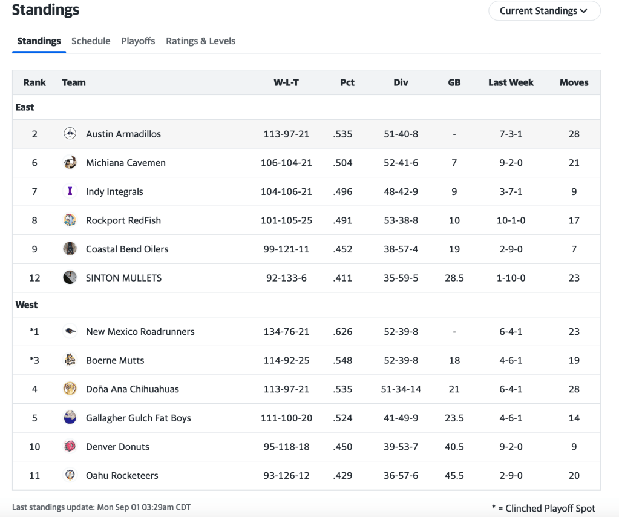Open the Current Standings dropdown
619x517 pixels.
coord(543,11)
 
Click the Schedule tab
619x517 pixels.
coord(91,41)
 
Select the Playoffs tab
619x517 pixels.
coord(138,41)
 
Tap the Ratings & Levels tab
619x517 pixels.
coord(200,41)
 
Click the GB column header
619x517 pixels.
coord(454,82)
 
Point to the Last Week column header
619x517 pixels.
coord(511,82)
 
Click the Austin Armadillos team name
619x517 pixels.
coord(123,134)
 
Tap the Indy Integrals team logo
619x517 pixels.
coord(70,191)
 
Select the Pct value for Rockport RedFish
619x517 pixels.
coord(342,220)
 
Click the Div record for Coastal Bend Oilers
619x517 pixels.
coord(401,249)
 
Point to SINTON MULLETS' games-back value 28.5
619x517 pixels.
coord(454,278)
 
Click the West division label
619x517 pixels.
coord(27,305)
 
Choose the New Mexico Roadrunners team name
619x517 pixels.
coord(140,332)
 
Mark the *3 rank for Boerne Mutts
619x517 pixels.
coord(34,361)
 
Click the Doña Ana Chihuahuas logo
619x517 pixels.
coord(70,389)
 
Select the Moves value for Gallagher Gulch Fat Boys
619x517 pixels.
coord(574,418)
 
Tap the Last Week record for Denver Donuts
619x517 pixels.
coord(511,447)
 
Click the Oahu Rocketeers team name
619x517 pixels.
coord(122,476)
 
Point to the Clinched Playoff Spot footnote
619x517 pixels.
coord(543,509)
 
